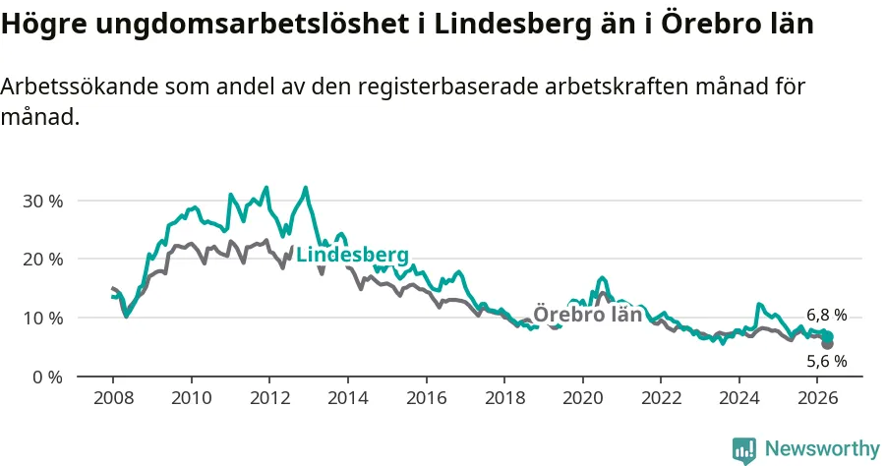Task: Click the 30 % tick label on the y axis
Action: [43, 202]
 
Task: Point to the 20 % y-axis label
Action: [43, 261]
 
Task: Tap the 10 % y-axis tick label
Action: [43, 319]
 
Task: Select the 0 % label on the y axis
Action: [48, 378]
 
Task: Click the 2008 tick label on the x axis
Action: [113, 398]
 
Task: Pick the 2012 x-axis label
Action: [269, 398]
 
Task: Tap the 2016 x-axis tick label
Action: [427, 398]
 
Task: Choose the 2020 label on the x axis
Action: [583, 398]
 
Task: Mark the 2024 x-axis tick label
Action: [739, 398]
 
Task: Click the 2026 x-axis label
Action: [818, 398]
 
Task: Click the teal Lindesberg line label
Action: [352, 255]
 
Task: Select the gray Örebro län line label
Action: [588, 315]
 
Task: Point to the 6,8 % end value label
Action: [826, 316]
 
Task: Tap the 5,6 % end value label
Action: [826, 361]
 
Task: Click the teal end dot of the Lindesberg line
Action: [828, 337]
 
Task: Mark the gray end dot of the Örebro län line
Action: [827, 343]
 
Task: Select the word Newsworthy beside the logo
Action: [822, 449]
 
